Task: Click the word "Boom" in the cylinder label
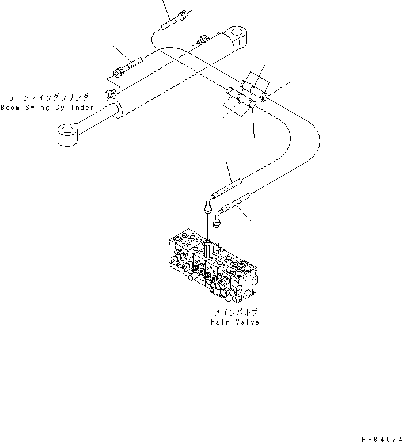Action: (10, 108)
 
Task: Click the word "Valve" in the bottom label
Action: (248, 322)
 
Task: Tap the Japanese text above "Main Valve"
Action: (236, 312)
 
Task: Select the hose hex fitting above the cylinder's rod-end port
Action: (119, 72)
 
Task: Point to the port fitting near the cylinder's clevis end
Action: (203, 40)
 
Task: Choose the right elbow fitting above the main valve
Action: (218, 221)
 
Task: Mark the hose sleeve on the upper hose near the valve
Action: (227, 188)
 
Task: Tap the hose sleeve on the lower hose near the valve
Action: (237, 203)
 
